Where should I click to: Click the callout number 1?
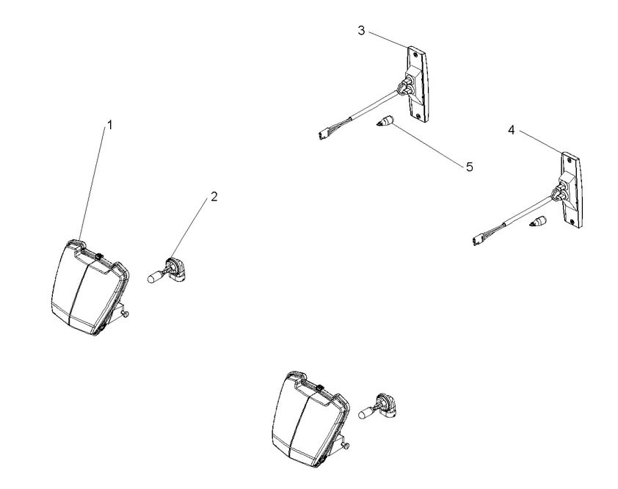[x=110, y=125]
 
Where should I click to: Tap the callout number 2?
[x=214, y=196]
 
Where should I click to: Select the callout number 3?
[x=361, y=30]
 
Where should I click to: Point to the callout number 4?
[x=511, y=130]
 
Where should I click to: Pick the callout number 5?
[x=470, y=167]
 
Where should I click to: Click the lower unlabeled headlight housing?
[x=310, y=419]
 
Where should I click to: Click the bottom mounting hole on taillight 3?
[x=418, y=115]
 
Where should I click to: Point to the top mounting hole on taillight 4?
[x=569, y=160]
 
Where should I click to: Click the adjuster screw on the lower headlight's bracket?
[x=346, y=446]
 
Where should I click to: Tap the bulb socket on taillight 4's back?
[x=559, y=193]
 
